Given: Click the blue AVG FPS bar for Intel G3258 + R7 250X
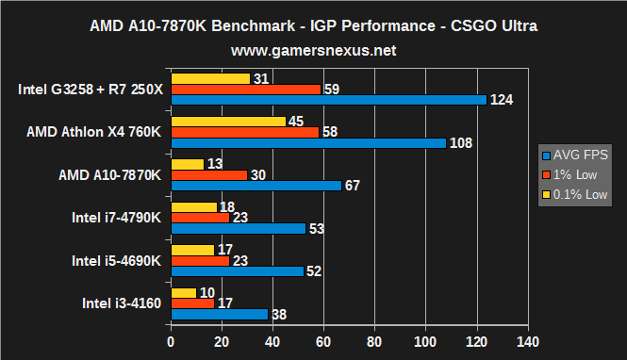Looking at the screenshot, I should (328, 100).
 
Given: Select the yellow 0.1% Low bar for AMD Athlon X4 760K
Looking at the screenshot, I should (227, 121).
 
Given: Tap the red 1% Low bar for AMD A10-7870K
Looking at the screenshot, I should (208, 174).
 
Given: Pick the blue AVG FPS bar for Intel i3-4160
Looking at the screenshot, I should (219, 315).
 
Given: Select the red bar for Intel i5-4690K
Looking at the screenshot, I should (200, 260).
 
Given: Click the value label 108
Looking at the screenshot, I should (458, 143).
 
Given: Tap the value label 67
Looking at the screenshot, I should (353, 186).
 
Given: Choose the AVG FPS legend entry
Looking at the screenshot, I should (578, 155).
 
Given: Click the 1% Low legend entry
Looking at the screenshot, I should (575, 174).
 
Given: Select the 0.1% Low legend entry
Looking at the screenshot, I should (578, 194).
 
